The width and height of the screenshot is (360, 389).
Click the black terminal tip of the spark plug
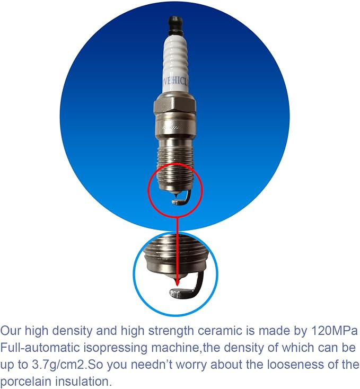(175, 26)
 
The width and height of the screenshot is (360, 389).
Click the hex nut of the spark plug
(175, 105)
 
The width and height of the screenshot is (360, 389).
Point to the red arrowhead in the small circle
(177, 282)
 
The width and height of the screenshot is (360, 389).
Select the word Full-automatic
(39, 348)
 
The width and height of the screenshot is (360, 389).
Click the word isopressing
(116, 348)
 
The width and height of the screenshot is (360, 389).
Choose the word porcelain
(25, 382)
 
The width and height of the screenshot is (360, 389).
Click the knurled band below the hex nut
(175, 127)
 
